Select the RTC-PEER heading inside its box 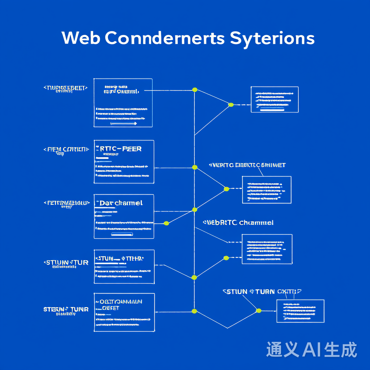click(119, 149)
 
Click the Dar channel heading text click(121, 203)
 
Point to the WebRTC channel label click(238, 223)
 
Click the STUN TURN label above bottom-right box click(262, 292)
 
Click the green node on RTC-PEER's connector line click(195, 167)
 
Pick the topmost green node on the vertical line click(195, 90)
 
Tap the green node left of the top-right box click(231, 105)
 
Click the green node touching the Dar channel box click(166, 223)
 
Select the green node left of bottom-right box click(258, 311)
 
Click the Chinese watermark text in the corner click(311, 350)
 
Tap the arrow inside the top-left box click(124, 124)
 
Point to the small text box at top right click(275, 99)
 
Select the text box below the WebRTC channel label click(267, 249)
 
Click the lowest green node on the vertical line click(194, 311)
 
